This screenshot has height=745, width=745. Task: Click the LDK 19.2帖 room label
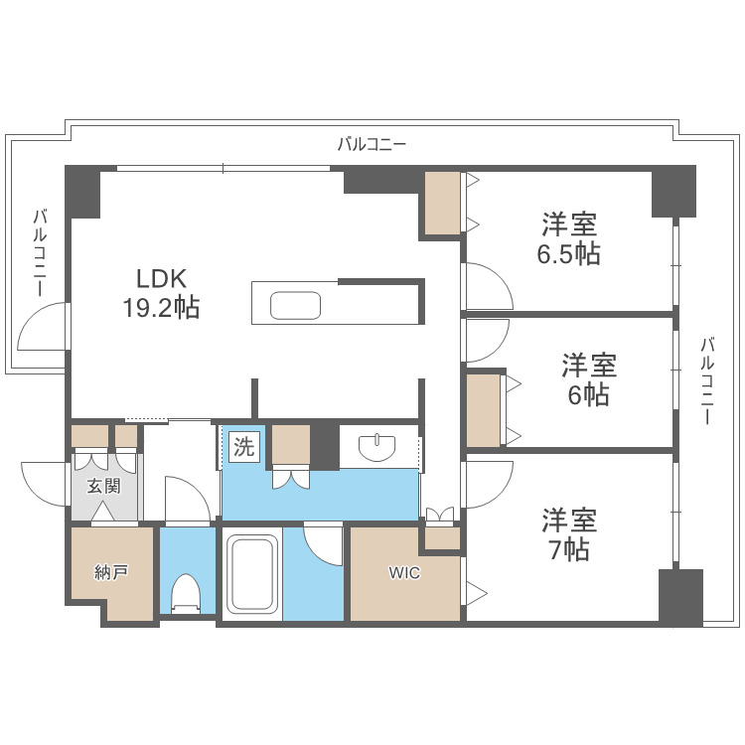pyautogui.click(x=160, y=293)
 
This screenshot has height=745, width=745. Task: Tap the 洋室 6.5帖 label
pyautogui.click(x=569, y=237)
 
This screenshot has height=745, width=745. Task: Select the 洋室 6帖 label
pyautogui.click(x=589, y=379)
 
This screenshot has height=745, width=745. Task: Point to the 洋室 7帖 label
pyautogui.click(x=569, y=533)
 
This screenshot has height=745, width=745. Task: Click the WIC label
pyautogui.click(x=403, y=573)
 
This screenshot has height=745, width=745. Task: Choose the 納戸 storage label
pyautogui.click(x=111, y=573)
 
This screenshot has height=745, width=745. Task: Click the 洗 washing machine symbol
pyautogui.click(x=243, y=447)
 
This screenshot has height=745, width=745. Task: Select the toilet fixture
pyautogui.click(x=187, y=594)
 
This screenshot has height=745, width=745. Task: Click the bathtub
pyautogui.click(x=250, y=577)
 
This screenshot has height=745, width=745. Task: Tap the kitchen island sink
pyautogui.click(x=294, y=304)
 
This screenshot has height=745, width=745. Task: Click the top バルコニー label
pyautogui.click(x=372, y=144)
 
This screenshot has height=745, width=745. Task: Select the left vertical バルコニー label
pyautogui.click(x=41, y=252)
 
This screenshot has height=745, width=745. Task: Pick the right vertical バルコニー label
pyautogui.click(x=707, y=381)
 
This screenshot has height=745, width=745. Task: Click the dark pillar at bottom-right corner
pyautogui.click(x=680, y=596)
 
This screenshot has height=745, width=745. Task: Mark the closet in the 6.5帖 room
pyautogui.click(x=443, y=205)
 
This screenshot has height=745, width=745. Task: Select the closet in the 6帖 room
pyautogui.click(x=485, y=408)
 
